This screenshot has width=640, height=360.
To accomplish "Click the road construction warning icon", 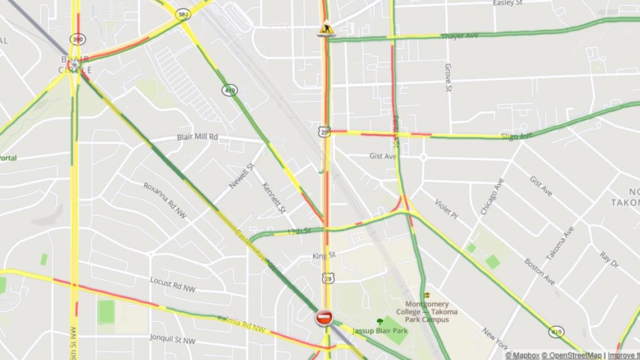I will click(326, 28).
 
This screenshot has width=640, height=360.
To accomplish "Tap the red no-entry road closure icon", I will click(323, 318).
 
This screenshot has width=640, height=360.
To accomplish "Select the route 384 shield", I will click(182, 14).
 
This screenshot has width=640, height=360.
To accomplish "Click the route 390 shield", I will click(77, 39).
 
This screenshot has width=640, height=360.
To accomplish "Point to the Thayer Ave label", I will click(459, 36).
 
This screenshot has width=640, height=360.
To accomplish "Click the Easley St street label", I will click(508, 3).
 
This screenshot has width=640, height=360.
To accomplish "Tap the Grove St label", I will click(448, 78).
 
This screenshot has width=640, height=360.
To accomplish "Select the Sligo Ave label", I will click(516, 136).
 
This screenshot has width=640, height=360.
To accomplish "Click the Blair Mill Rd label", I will click(197, 137).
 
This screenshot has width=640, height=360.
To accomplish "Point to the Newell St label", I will click(241, 176).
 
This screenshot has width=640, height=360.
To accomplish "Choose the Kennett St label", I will click(273, 197).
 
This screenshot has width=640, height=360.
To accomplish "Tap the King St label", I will click(324, 256).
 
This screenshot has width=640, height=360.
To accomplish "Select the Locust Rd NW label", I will click(172, 284).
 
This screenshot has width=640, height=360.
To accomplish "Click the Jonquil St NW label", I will click(172, 339).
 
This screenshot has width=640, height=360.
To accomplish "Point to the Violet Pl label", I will click(446, 209).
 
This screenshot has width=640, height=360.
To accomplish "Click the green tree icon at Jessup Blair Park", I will click(380, 322).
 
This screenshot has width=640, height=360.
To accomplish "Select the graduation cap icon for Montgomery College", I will click(427, 295).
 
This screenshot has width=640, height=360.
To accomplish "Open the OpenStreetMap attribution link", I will click(572, 356).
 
